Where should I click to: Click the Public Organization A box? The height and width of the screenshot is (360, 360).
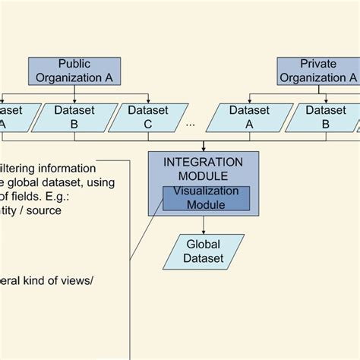point(74,70)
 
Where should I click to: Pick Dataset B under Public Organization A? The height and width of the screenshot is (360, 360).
point(74,118)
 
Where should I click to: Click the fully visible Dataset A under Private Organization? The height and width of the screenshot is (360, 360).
point(245,118)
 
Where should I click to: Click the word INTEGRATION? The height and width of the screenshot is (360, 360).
point(204,162)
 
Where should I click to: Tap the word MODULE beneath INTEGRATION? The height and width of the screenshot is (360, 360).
point(204,175)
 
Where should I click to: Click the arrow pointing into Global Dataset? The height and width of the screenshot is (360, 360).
point(204,228)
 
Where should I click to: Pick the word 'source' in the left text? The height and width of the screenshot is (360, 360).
point(64,210)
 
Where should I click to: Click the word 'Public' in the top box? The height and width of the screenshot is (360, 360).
point(74,64)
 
